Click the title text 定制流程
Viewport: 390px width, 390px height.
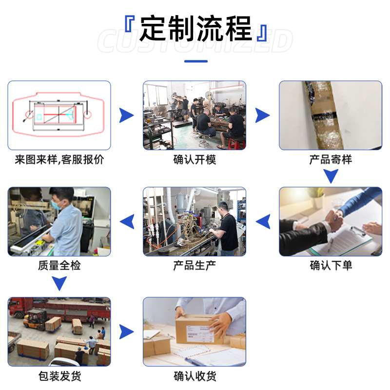(x=195, y=28)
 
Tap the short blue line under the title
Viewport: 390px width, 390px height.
(x=195, y=61)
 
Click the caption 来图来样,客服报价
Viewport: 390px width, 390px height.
(x=59, y=160)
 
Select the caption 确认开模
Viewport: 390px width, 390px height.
(x=195, y=160)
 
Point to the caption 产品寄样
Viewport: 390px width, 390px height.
(x=330, y=160)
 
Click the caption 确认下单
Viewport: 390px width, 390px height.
(x=331, y=266)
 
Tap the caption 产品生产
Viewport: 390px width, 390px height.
(x=195, y=266)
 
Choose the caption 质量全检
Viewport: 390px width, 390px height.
(x=59, y=266)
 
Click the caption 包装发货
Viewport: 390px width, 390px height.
(x=59, y=376)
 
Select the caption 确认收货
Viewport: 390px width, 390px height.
(x=195, y=376)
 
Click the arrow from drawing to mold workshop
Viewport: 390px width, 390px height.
(x=126, y=116)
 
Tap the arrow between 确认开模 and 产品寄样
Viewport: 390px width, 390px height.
(x=262, y=116)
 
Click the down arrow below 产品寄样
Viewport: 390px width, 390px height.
(x=331, y=176)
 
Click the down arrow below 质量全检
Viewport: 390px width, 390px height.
(x=59, y=283)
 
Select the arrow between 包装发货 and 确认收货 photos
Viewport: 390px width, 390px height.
(x=126, y=332)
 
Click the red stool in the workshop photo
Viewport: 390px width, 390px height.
(x=236, y=143)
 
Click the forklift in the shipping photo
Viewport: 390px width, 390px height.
(x=35, y=319)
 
